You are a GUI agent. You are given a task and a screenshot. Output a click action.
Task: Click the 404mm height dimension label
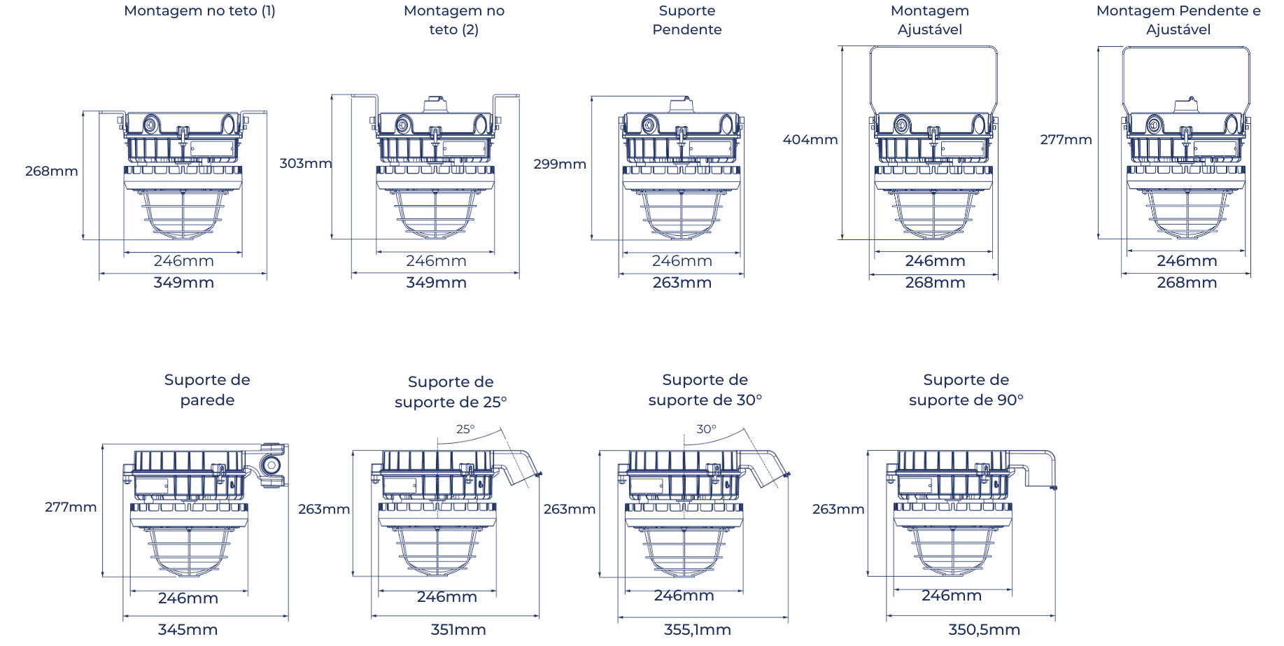810,140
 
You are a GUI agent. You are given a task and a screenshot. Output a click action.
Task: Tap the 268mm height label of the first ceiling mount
51,171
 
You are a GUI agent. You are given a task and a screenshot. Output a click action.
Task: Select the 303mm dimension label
304,164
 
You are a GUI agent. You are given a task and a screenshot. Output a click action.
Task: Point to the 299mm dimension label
559,164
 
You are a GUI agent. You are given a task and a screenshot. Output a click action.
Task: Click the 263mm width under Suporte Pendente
682,283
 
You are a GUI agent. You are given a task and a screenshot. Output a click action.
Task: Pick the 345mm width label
188,630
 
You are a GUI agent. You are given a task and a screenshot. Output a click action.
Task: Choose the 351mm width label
458,630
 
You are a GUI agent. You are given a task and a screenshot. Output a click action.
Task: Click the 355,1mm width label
697,630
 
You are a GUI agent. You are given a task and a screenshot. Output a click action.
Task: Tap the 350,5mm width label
983,630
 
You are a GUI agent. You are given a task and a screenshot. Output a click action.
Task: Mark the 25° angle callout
465,430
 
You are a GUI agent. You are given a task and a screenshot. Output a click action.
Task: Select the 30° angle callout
706,430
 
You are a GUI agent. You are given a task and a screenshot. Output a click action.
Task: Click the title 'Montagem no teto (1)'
199,11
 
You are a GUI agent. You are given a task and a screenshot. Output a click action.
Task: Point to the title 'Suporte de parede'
207,390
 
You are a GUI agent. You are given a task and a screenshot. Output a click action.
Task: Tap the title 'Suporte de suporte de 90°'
966,390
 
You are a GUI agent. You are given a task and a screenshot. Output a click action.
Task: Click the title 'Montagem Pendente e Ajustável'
1178,20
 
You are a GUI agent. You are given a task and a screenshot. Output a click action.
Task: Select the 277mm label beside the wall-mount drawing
71,507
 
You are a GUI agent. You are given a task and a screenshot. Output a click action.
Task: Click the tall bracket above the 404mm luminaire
933,77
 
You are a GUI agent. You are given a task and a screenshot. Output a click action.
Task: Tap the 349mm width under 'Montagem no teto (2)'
435,283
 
